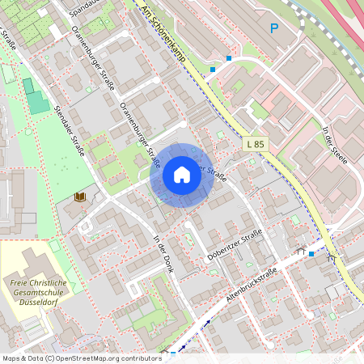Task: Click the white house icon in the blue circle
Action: pyautogui.click(x=182, y=174)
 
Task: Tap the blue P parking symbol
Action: pyautogui.click(x=274, y=28)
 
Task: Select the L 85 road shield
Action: pyautogui.click(x=254, y=144)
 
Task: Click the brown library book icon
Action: pyautogui.click(x=79, y=197)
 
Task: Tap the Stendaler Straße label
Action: pyautogui.click(x=70, y=130)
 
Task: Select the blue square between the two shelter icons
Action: pyautogui.click(x=311, y=254)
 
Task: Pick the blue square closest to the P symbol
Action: pyautogui.click(x=229, y=58)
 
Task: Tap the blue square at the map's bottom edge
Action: pyautogui.click(x=173, y=353)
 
